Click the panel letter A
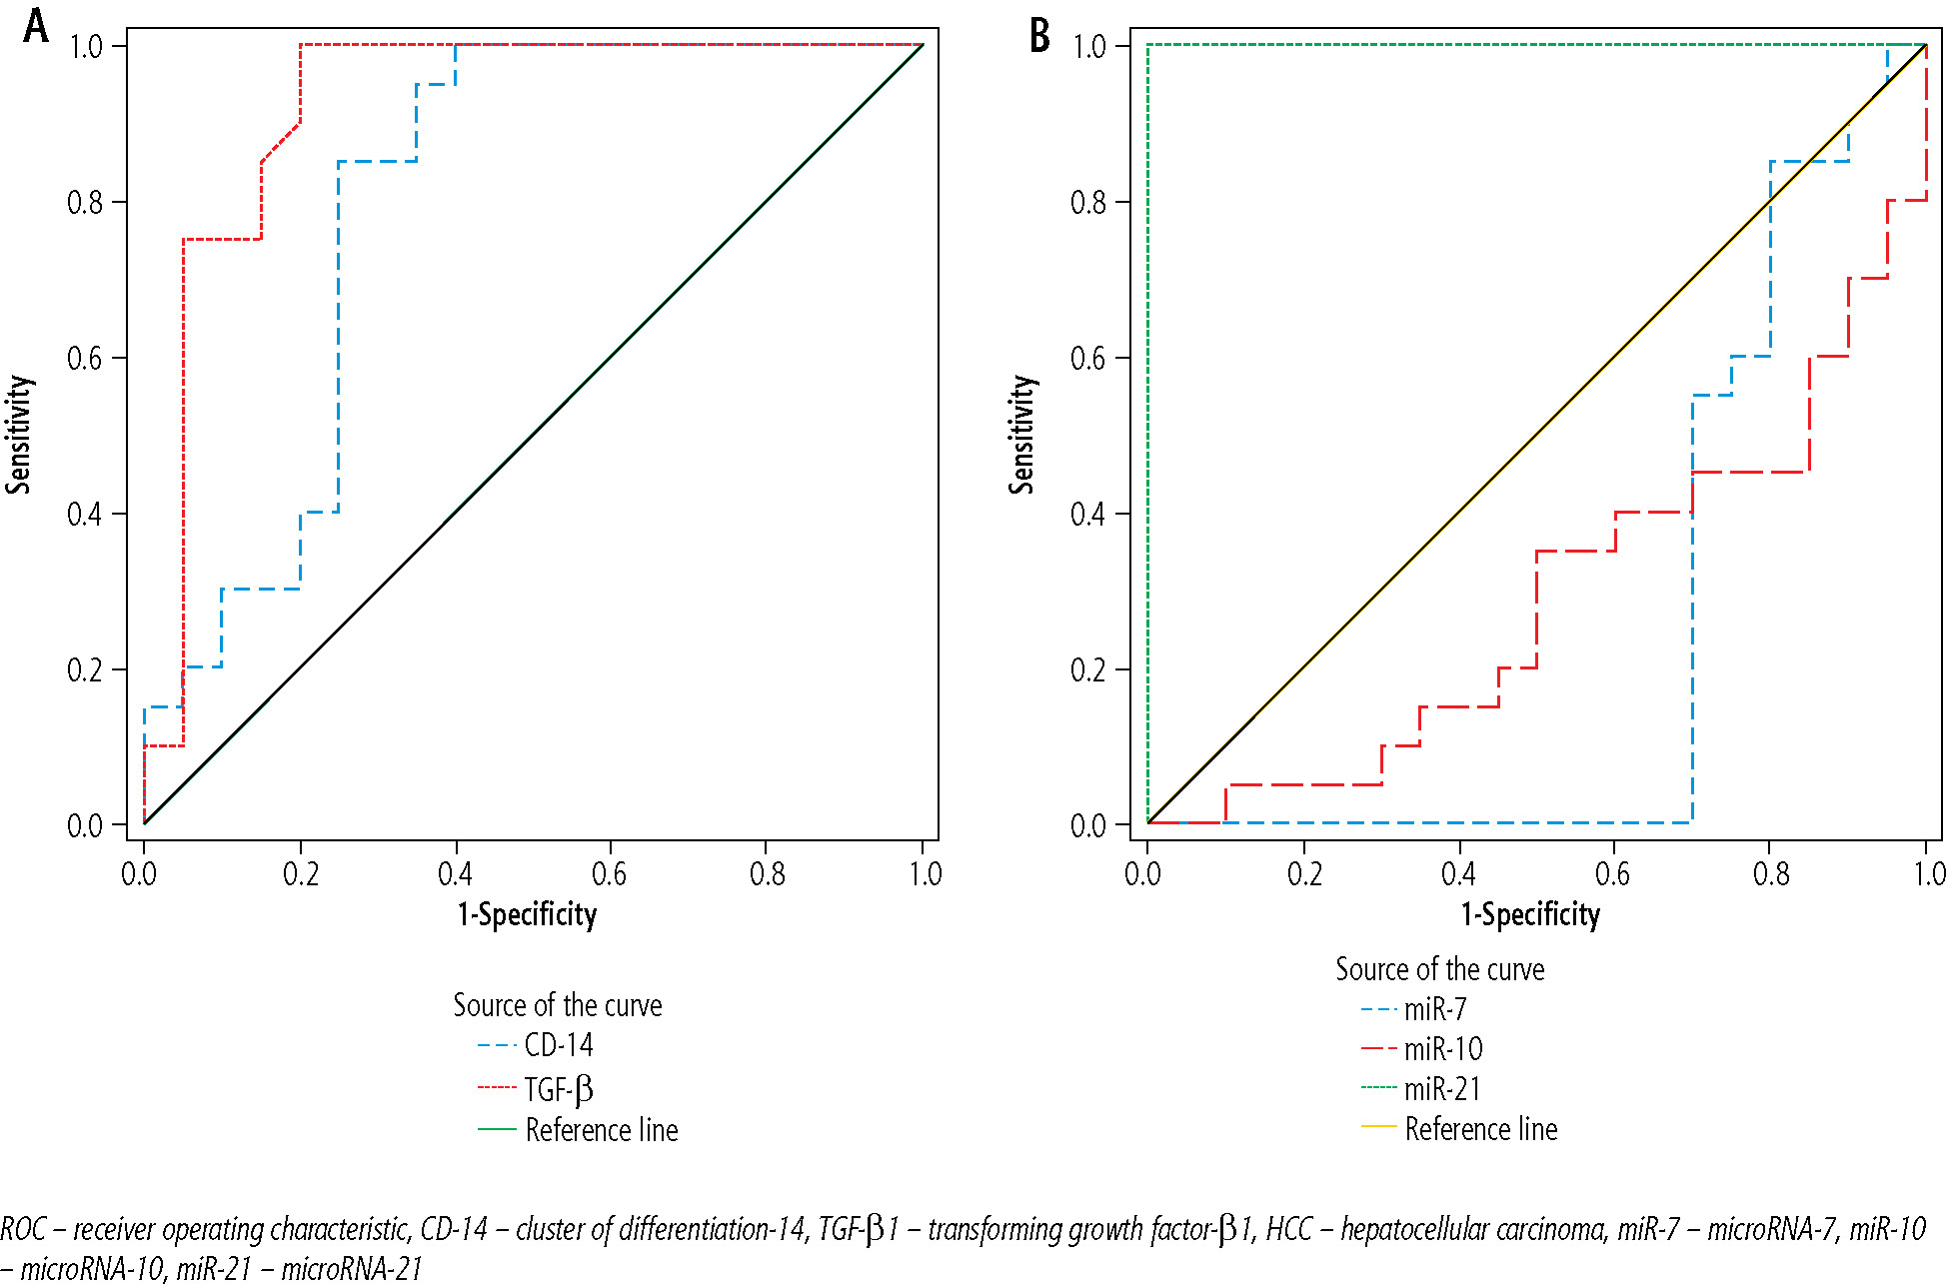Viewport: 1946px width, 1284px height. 36,27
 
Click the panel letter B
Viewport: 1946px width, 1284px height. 1039,36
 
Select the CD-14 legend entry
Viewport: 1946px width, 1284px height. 558,1045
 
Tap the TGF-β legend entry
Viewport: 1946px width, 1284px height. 558,1088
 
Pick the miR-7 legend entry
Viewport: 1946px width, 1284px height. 1434,1009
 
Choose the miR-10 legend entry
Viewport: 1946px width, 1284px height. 1442,1049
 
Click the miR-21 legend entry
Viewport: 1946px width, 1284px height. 1441,1089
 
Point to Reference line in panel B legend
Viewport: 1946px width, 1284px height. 1480,1129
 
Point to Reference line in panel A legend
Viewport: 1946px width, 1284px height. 601,1130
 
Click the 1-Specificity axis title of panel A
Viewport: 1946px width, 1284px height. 527,914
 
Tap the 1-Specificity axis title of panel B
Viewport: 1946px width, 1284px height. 1530,914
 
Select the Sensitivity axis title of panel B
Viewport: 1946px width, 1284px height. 1020,435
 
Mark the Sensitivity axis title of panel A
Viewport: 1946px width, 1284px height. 18,435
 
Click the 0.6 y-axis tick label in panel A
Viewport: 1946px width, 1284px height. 85,359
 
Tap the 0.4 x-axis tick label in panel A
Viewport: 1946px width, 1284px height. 455,875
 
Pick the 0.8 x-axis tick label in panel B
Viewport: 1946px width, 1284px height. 1770,875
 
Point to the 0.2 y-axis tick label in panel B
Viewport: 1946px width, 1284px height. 1088,670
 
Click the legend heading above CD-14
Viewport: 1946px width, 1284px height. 557,1005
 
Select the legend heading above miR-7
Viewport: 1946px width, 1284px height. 1439,969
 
